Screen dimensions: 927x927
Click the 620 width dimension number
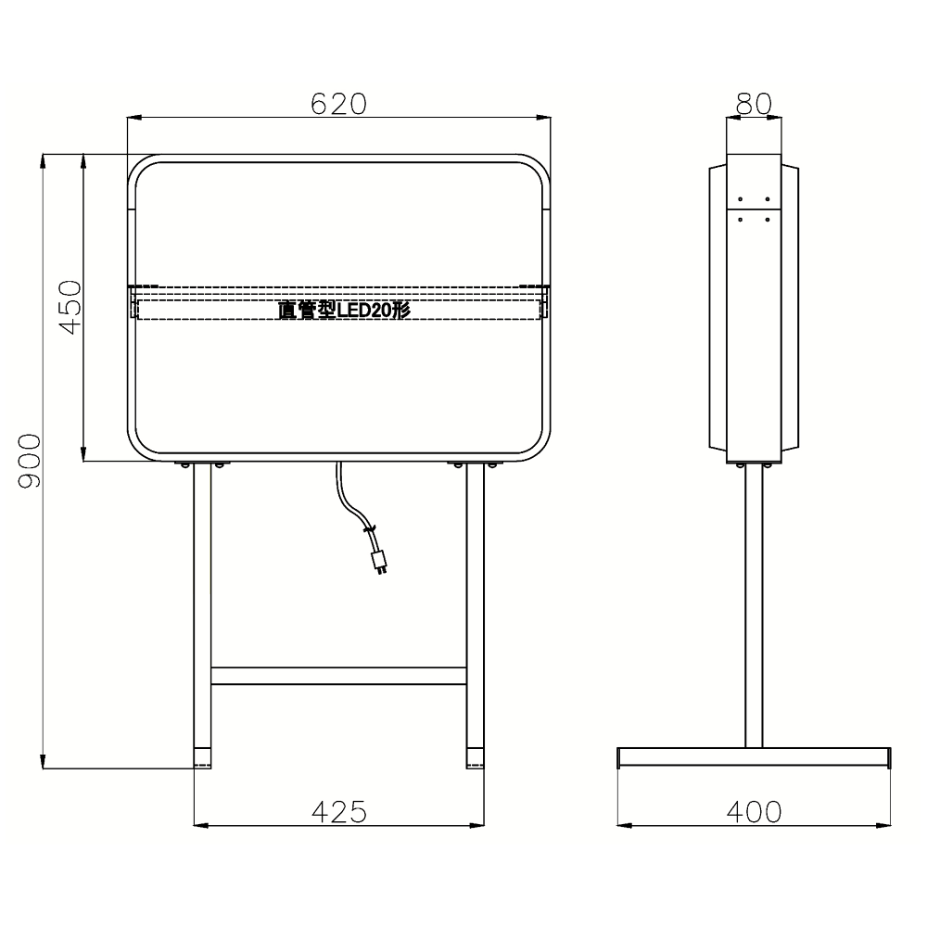point(338,104)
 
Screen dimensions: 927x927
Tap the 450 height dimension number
point(71,308)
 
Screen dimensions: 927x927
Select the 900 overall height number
point(30,461)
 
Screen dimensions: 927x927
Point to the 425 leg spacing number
point(339,812)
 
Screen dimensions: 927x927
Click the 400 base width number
point(754,812)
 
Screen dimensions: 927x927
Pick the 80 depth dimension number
point(754,104)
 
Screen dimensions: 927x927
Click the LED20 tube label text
point(344,310)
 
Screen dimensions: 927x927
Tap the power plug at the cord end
point(379,562)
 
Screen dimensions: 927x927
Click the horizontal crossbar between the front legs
point(338,676)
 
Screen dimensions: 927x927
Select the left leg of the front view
point(202,615)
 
